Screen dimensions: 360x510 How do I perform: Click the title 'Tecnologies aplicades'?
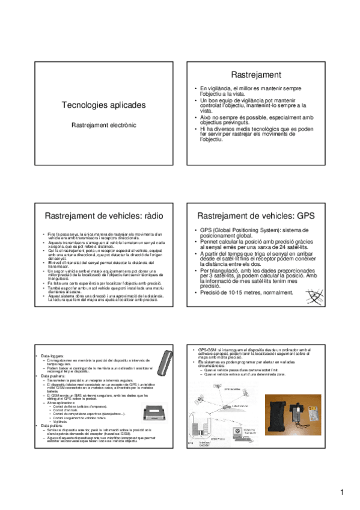103,105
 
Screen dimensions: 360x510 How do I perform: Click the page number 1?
341,494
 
